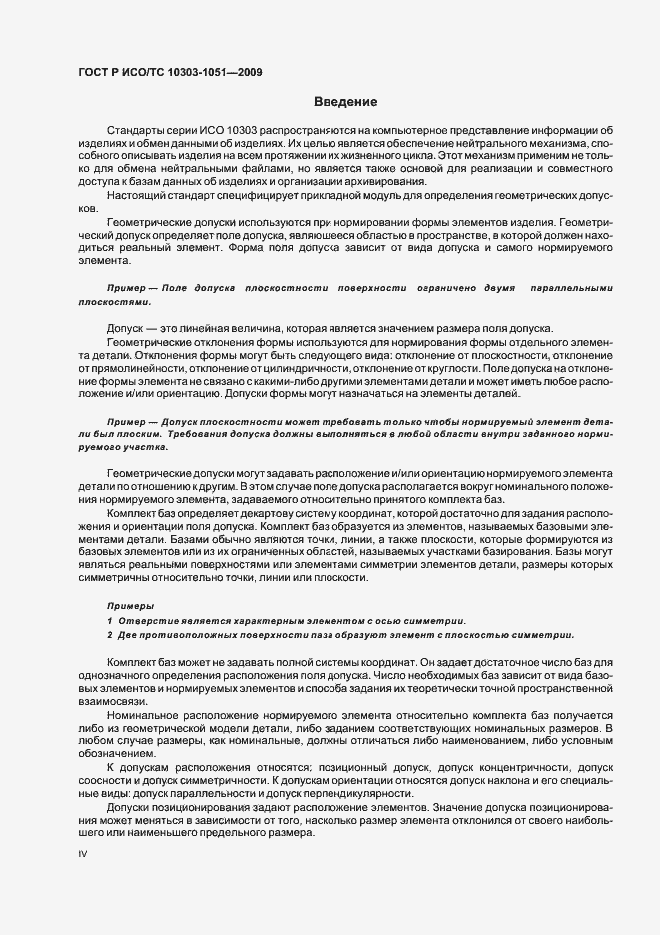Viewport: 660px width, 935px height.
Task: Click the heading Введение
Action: (x=344, y=101)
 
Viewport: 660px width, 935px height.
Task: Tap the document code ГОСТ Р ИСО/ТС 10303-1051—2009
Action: (x=170, y=72)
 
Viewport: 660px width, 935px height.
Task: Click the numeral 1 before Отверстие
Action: (x=109, y=620)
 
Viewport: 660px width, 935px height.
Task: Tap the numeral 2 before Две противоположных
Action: (x=109, y=634)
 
